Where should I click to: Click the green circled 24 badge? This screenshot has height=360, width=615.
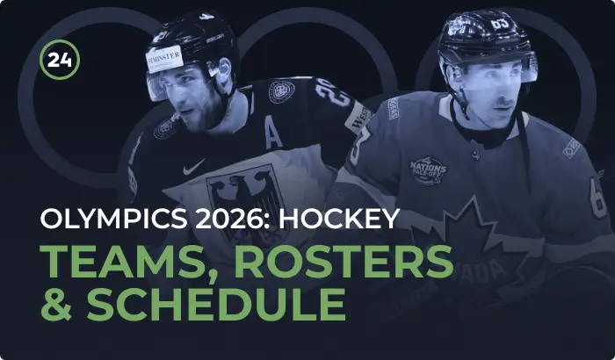pyautogui.click(x=60, y=60)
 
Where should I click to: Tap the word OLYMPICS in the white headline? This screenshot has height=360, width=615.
pyautogui.click(x=113, y=219)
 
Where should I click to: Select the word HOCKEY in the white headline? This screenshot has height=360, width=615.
pyautogui.click(x=339, y=219)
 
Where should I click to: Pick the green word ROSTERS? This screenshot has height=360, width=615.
pyautogui.click(x=344, y=262)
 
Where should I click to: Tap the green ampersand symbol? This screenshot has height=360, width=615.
pyautogui.click(x=56, y=305)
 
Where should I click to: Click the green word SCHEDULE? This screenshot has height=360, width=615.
pyautogui.click(x=216, y=305)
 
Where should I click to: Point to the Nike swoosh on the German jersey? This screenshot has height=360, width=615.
pyautogui.click(x=194, y=167)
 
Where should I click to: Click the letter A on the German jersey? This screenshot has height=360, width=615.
pyautogui.click(x=273, y=133)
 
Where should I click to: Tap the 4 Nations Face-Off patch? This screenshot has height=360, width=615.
pyautogui.click(x=428, y=170)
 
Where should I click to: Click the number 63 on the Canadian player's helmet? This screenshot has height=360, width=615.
pyautogui.click(x=500, y=25)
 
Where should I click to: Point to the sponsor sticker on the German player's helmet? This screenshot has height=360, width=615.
pyautogui.click(x=164, y=59)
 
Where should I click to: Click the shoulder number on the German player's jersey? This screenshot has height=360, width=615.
pyautogui.click(x=333, y=92)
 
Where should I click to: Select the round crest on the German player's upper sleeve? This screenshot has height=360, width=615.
pyautogui.click(x=281, y=92)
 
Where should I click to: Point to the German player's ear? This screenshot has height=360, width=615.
pyautogui.click(x=225, y=69)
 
